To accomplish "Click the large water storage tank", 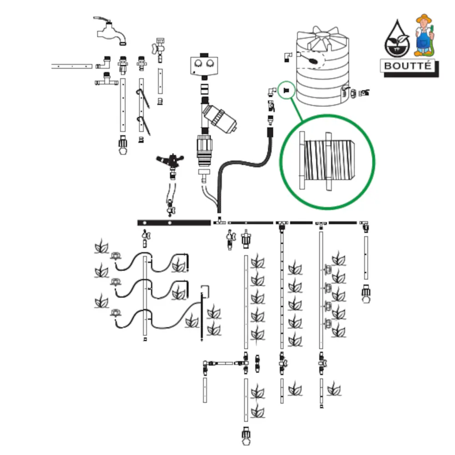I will click(322, 68).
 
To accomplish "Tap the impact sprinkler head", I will click(171, 161).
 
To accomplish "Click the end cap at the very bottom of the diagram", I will click(246, 438).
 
